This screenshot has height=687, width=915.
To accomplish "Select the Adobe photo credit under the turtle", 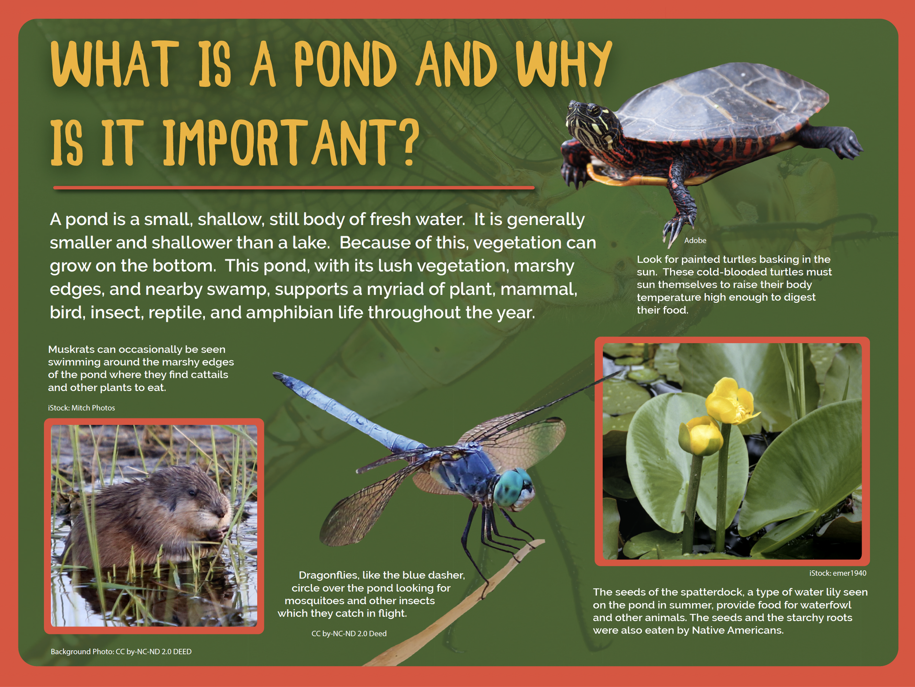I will (x=695, y=241).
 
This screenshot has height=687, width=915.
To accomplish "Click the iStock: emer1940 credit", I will (x=838, y=573).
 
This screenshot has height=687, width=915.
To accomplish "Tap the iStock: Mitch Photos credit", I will (x=82, y=408).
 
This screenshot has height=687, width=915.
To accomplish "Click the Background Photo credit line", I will (x=121, y=652).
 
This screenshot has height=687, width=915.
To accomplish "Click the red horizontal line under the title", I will (x=294, y=188).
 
